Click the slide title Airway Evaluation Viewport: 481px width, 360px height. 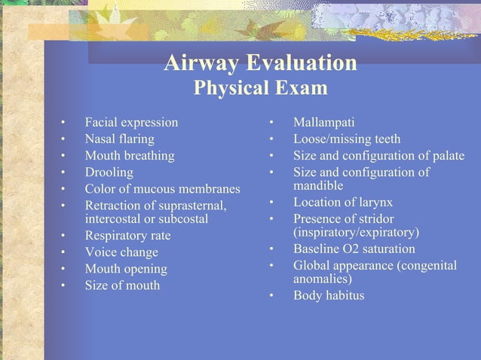(260, 63)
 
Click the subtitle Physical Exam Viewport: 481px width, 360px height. (260, 89)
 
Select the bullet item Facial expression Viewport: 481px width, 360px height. (131, 122)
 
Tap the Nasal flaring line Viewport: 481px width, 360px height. (119, 139)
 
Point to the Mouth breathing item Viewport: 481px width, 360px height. (129, 156)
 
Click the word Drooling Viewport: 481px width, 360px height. (109, 172)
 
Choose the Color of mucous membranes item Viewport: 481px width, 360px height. (162, 189)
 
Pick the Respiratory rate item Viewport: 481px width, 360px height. (127, 236)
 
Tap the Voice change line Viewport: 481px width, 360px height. (121, 252)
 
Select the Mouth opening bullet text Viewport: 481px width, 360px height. (126, 269)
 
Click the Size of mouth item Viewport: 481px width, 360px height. (122, 285)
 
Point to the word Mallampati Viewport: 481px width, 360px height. (323, 122)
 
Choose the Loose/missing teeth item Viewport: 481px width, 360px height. (347, 139)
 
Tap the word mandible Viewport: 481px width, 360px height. (318, 185)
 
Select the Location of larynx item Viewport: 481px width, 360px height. (342, 203)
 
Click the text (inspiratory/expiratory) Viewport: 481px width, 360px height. (356, 232)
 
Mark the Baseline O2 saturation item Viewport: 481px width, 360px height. (354, 249)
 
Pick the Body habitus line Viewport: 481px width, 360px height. (328, 295)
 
